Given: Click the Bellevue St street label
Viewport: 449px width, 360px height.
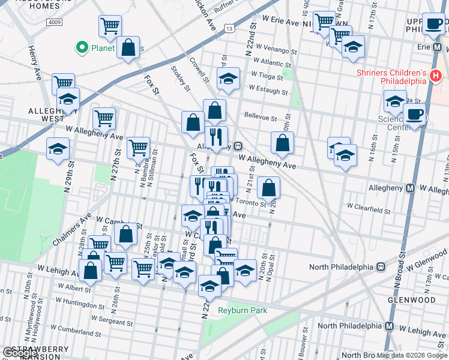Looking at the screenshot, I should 260,118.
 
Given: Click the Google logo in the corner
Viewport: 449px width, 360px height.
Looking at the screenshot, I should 20,353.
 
